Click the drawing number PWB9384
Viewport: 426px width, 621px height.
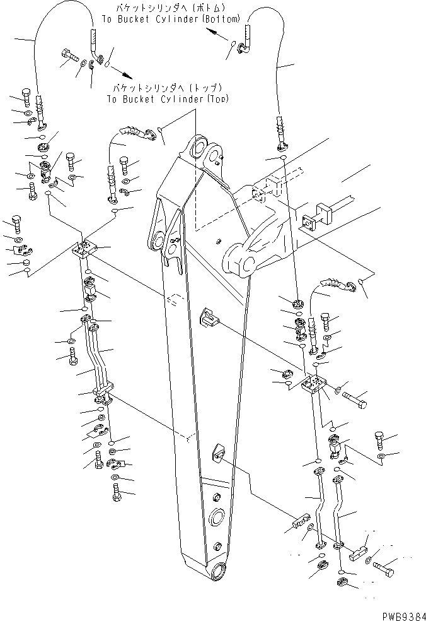pyautogui.click(x=400, y=613)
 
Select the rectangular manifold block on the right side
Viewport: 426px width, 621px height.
pyautogui.click(x=313, y=385)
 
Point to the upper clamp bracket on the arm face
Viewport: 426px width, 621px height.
pyautogui.click(x=208, y=317)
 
